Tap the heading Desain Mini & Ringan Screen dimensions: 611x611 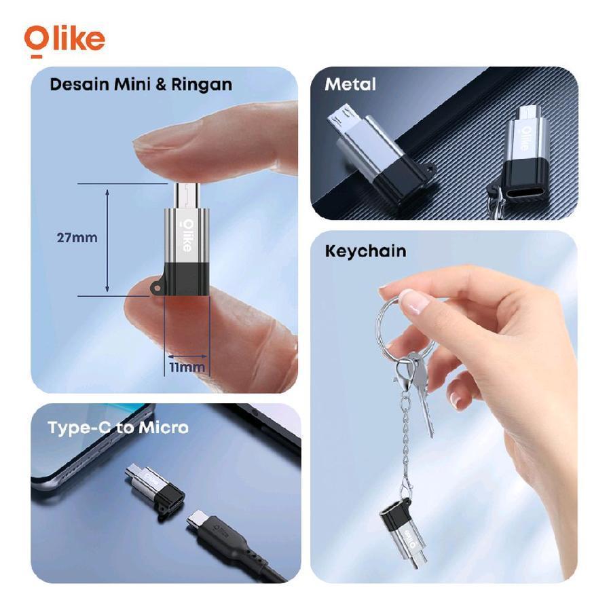click(141, 85)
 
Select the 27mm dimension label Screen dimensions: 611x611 click(77, 238)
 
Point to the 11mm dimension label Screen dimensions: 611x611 click(187, 367)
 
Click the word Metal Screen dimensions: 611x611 click(350, 85)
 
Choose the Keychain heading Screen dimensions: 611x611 click(365, 251)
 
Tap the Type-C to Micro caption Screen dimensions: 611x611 click(118, 428)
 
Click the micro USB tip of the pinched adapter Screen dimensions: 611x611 click(187, 196)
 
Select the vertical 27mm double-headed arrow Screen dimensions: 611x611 click(107, 240)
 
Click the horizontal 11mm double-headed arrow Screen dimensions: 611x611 click(187, 356)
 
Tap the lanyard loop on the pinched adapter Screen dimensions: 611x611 click(157, 287)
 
